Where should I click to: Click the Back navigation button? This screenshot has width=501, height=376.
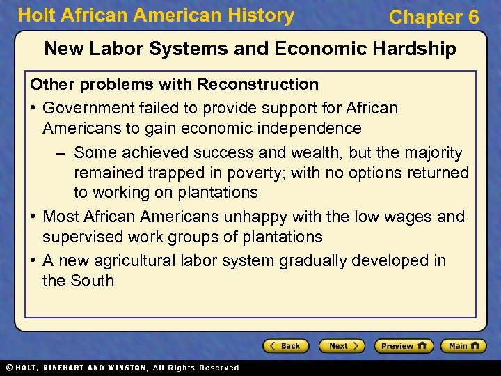[286, 346]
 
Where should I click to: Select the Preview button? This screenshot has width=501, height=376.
[404, 346]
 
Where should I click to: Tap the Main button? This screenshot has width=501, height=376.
[462, 346]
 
